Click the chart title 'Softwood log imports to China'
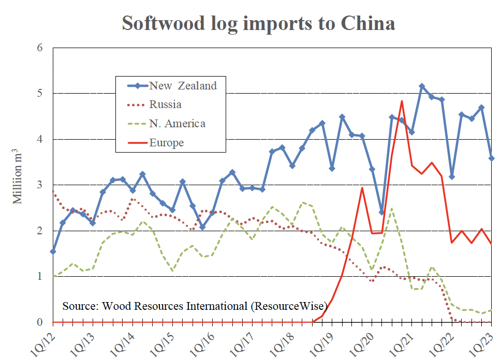(258, 23)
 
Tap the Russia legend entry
(166, 104)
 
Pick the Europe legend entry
(166, 142)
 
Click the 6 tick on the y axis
(40, 48)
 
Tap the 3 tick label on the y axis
(40, 185)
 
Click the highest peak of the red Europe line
(402, 101)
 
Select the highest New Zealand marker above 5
(422, 86)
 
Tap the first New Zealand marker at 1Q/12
(53, 251)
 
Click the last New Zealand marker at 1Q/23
(491, 158)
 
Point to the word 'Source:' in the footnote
(79, 306)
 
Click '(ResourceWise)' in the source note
(289, 306)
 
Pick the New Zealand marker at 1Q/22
(452, 177)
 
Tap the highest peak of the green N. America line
(392, 208)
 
